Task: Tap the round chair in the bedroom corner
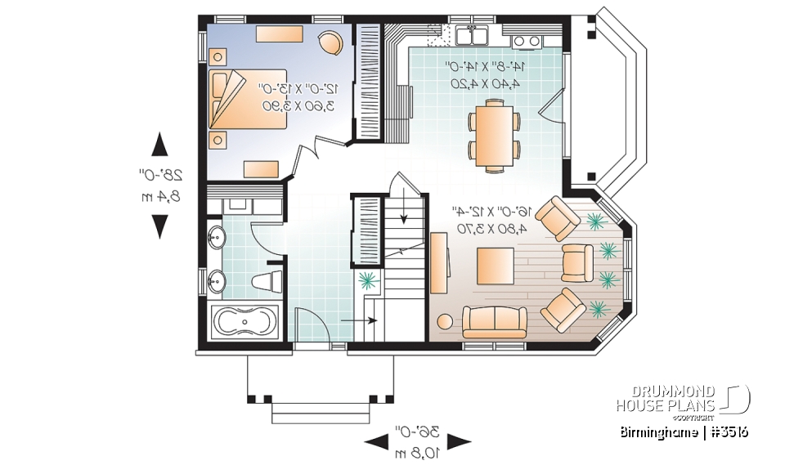click(x=330, y=42)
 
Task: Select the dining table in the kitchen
click(x=493, y=134)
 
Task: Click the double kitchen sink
click(x=472, y=35)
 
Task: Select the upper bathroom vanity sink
click(x=217, y=239)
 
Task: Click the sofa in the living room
click(x=494, y=321)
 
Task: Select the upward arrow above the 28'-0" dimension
click(x=160, y=145)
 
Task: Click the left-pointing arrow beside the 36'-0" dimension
click(x=375, y=442)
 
